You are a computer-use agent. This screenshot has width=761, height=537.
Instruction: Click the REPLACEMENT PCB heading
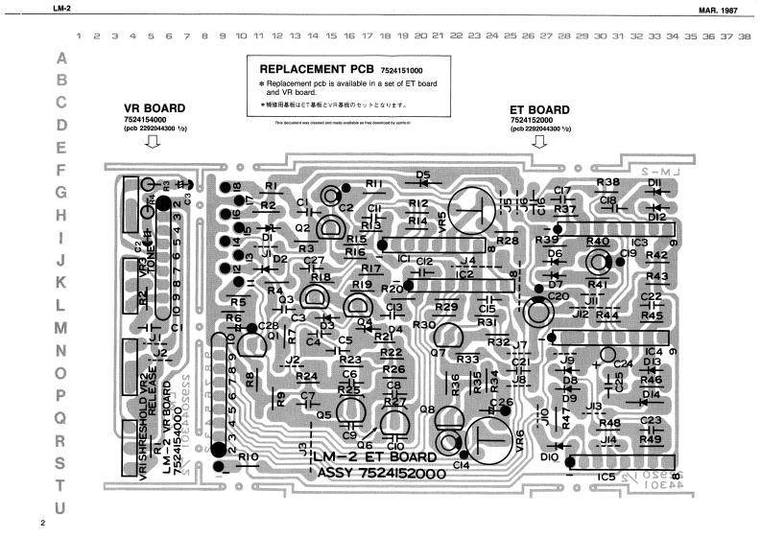(x=318, y=70)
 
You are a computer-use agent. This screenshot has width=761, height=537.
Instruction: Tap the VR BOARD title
(x=155, y=108)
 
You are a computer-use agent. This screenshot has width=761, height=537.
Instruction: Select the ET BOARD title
(x=539, y=109)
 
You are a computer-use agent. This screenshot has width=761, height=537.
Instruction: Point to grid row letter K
(x=62, y=283)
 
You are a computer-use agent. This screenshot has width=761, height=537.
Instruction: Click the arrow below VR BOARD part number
(x=152, y=144)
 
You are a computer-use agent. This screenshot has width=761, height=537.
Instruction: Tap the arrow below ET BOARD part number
(x=540, y=144)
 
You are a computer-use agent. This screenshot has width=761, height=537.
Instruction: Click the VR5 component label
(x=440, y=220)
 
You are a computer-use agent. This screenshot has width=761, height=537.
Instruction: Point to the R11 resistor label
(x=374, y=184)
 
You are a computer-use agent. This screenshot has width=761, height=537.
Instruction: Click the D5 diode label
(x=422, y=175)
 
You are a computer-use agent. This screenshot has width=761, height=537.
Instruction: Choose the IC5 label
(x=606, y=476)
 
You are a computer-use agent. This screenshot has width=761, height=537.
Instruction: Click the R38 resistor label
(x=607, y=181)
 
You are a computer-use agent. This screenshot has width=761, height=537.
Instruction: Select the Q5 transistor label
(x=323, y=414)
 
